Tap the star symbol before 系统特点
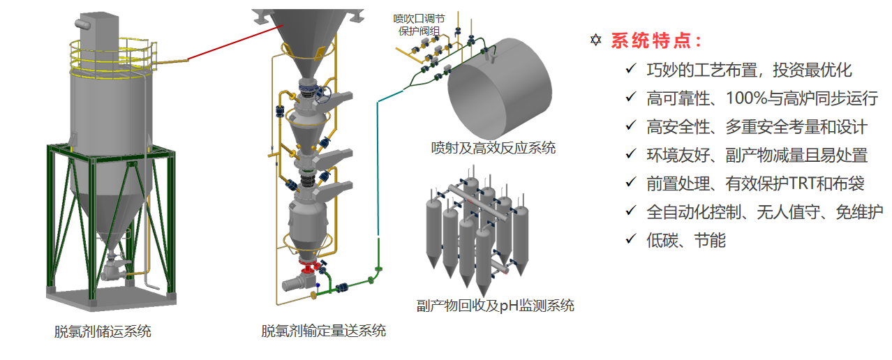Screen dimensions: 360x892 (x=595, y=40)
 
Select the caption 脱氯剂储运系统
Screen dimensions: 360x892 (x=103, y=331)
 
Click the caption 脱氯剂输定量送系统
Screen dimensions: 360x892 (x=324, y=331)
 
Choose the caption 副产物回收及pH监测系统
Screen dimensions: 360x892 (x=496, y=305)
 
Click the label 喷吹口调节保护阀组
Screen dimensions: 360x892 (x=419, y=24)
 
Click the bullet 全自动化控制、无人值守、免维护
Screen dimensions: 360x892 (x=765, y=211)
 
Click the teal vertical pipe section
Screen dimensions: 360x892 (x=378, y=167)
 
